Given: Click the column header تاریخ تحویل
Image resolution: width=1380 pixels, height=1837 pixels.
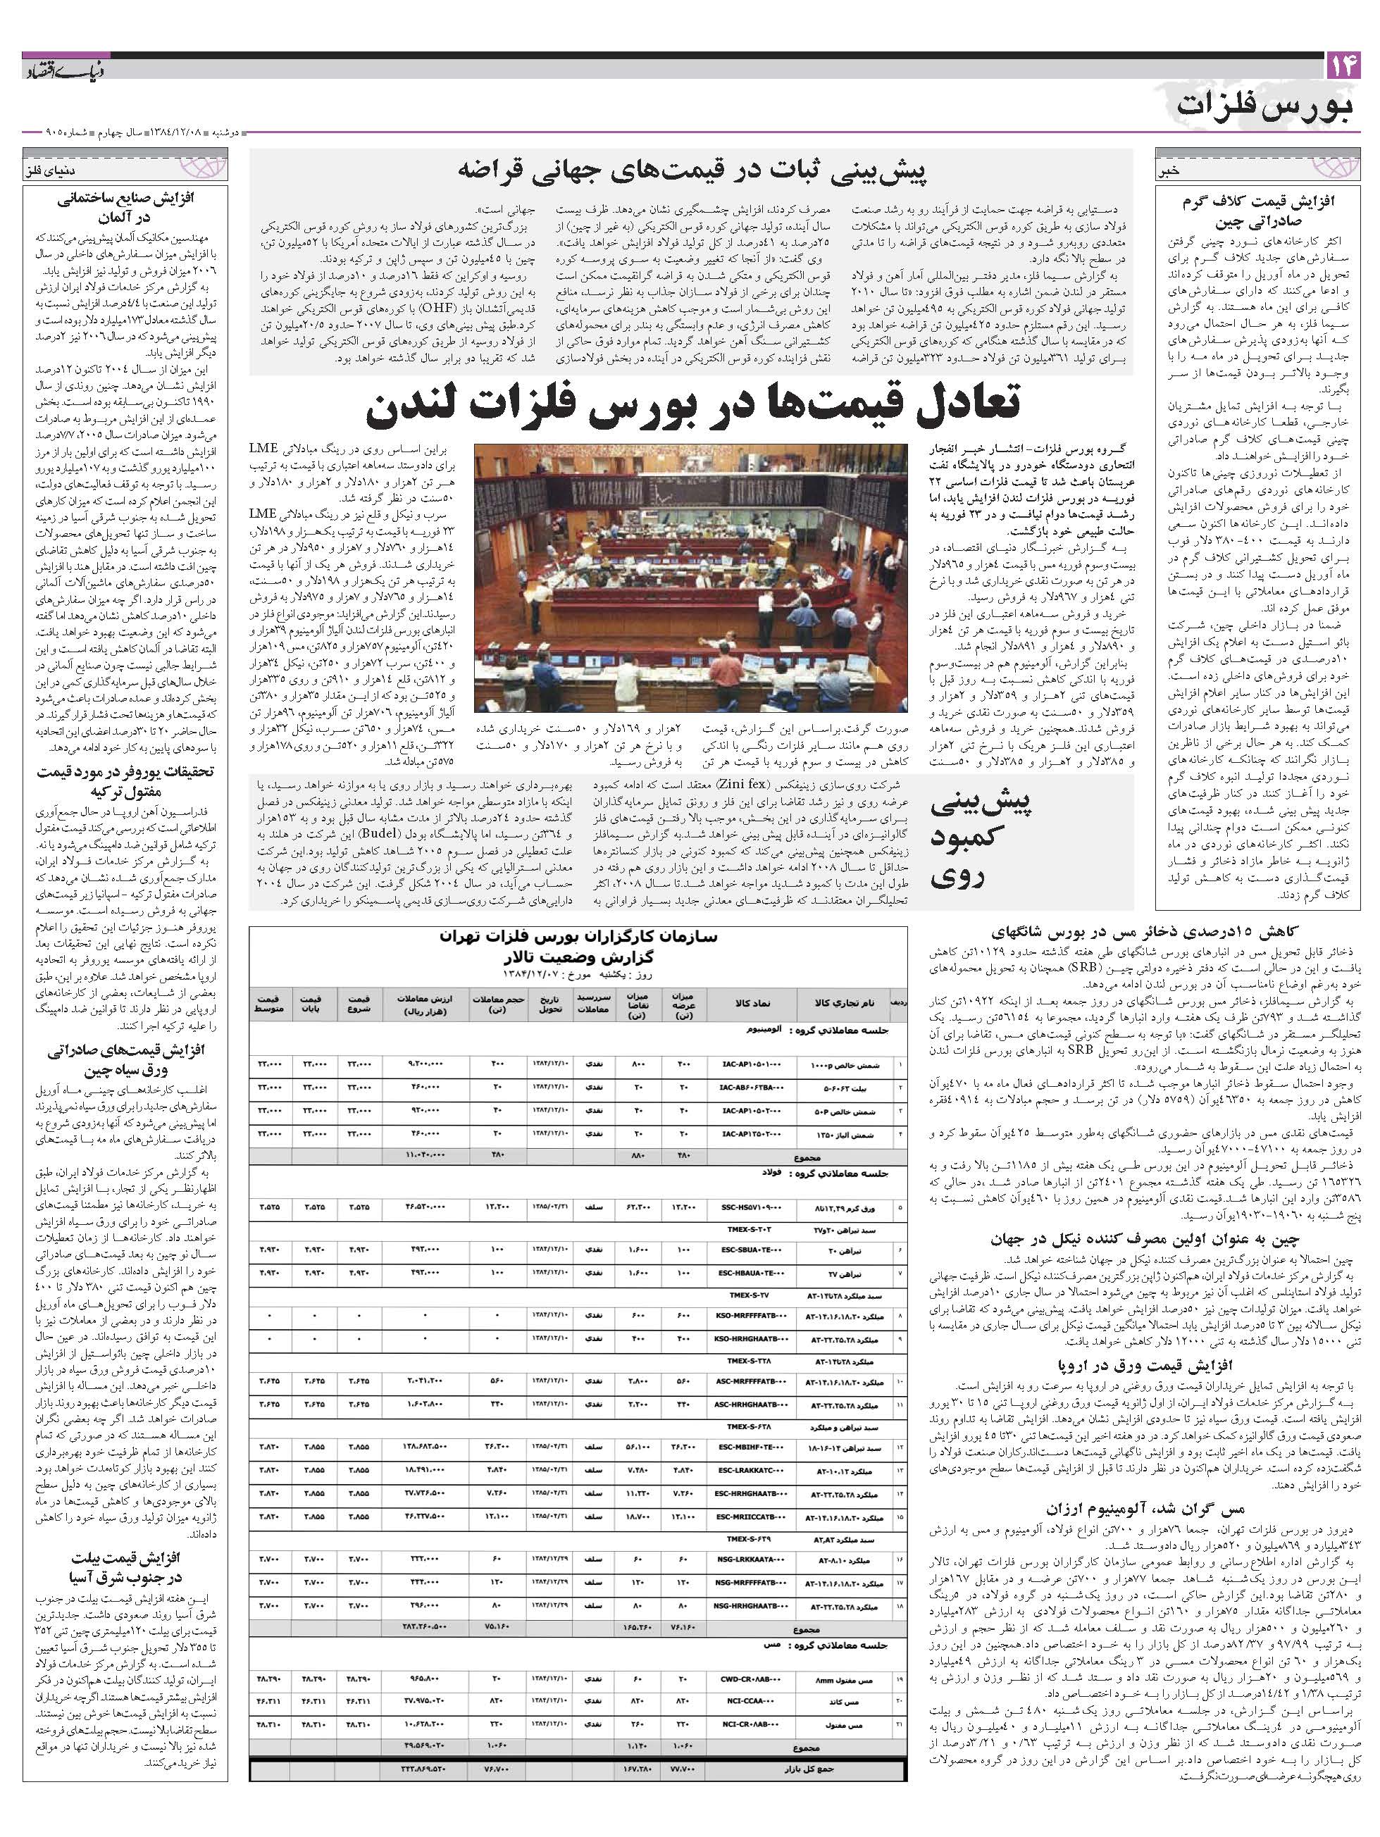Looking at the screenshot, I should pos(549,1003).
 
